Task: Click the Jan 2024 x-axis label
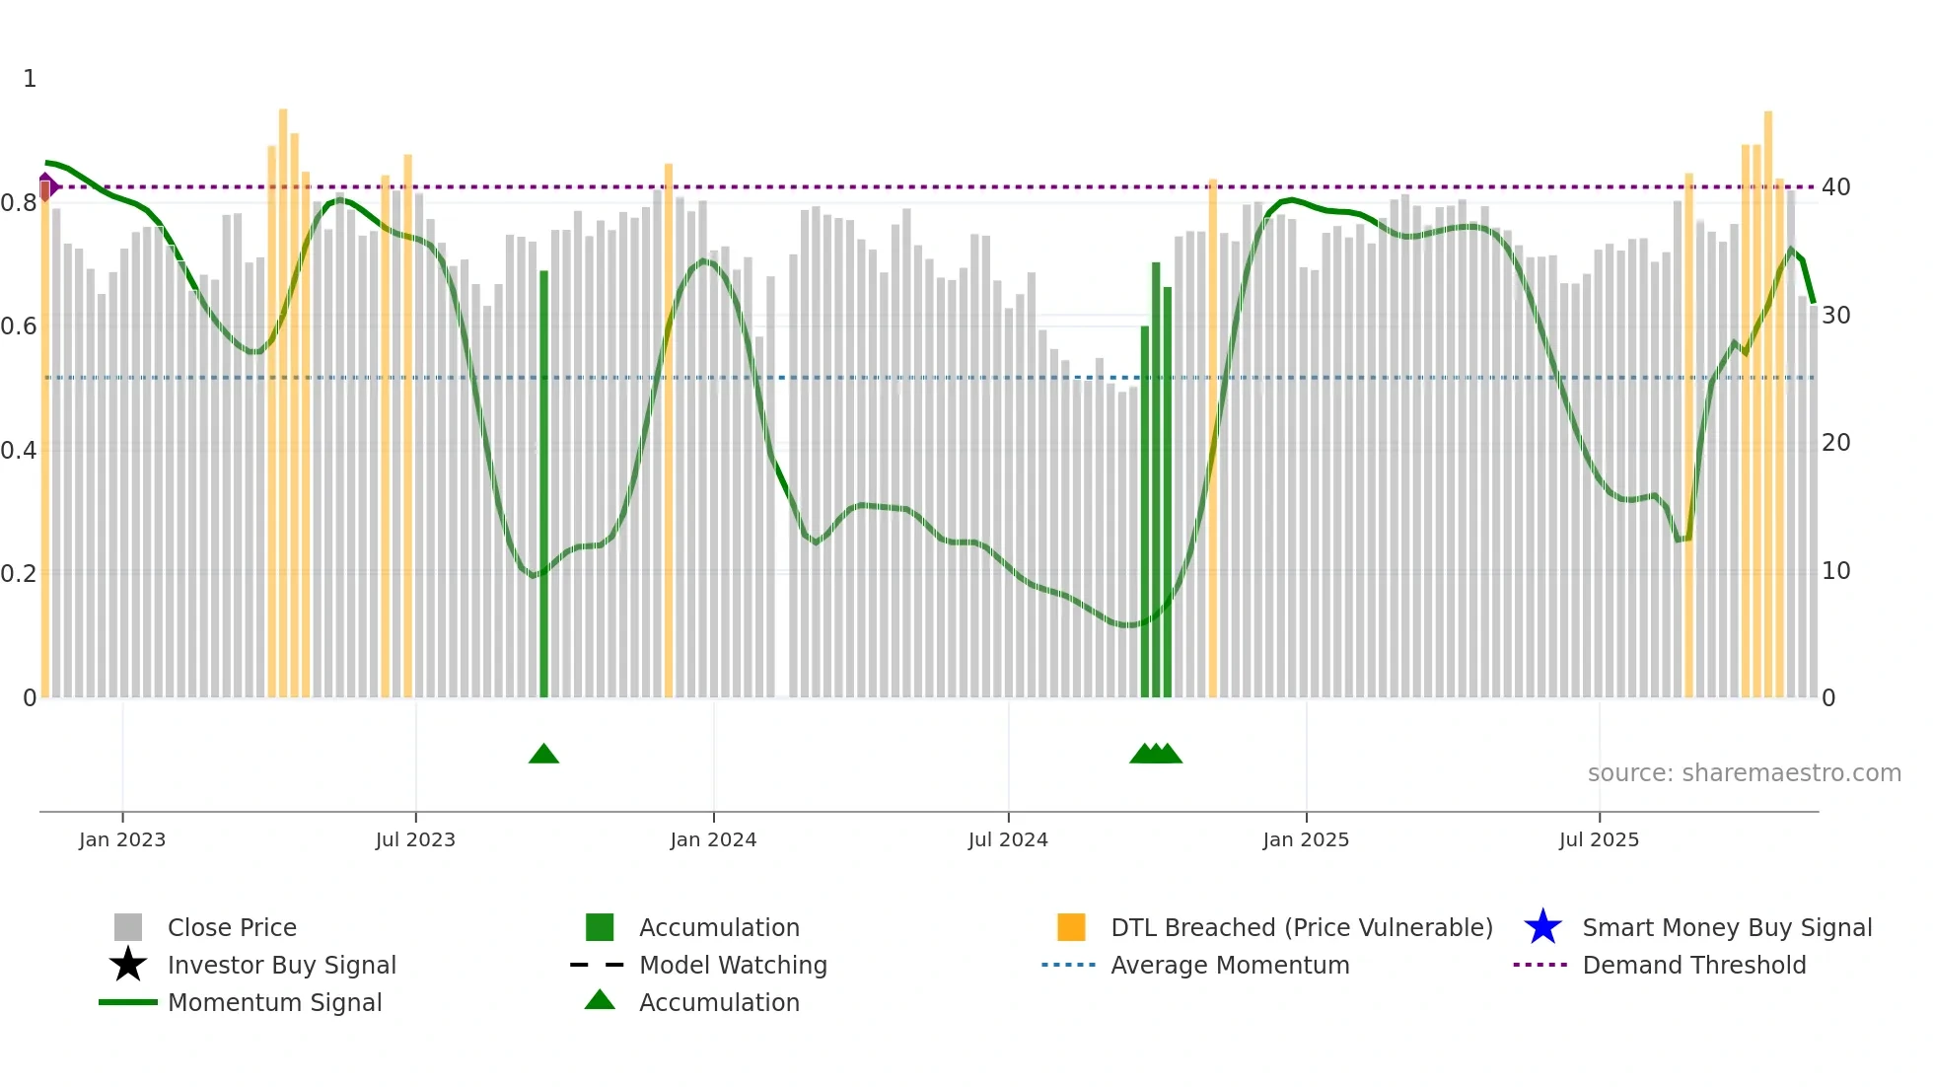713,839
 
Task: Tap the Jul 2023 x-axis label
415,839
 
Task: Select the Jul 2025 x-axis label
1599,839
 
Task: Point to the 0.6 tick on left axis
19,326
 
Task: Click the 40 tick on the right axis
1835,187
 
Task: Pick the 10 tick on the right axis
1835,571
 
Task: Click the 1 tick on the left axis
30,79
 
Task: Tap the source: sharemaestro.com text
1744,773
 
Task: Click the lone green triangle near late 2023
543,755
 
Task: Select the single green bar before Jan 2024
543,483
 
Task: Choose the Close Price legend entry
232,927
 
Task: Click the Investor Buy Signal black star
128,965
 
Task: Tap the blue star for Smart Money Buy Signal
1542,927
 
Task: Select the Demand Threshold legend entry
1693,965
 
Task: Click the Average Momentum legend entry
1229,965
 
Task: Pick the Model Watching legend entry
732,965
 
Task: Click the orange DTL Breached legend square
1071,927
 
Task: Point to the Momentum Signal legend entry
274,1002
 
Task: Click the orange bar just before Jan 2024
669,430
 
